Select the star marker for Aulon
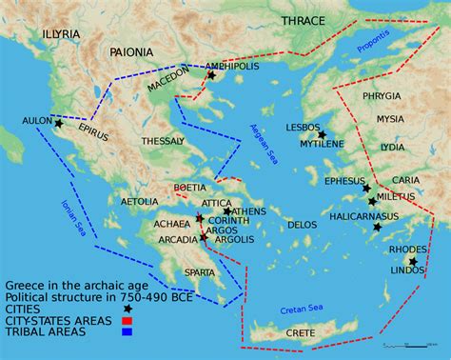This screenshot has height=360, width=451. pyautogui.click(x=59, y=124)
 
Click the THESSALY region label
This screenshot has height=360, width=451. pyautogui.click(x=163, y=141)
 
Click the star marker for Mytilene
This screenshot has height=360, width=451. pyautogui.click(x=323, y=135)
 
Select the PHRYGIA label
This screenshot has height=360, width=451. pyautogui.click(x=382, y=96)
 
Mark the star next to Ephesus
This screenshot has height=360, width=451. pyautogui.click(x=367, y=189)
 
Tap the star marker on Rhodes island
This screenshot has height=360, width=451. pyautogui.click(x=413, y=261)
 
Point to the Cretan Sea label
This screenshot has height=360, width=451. pyautogui.click(x=303, y=308)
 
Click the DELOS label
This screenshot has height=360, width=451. pyautogui.click(x=302, y=225)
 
